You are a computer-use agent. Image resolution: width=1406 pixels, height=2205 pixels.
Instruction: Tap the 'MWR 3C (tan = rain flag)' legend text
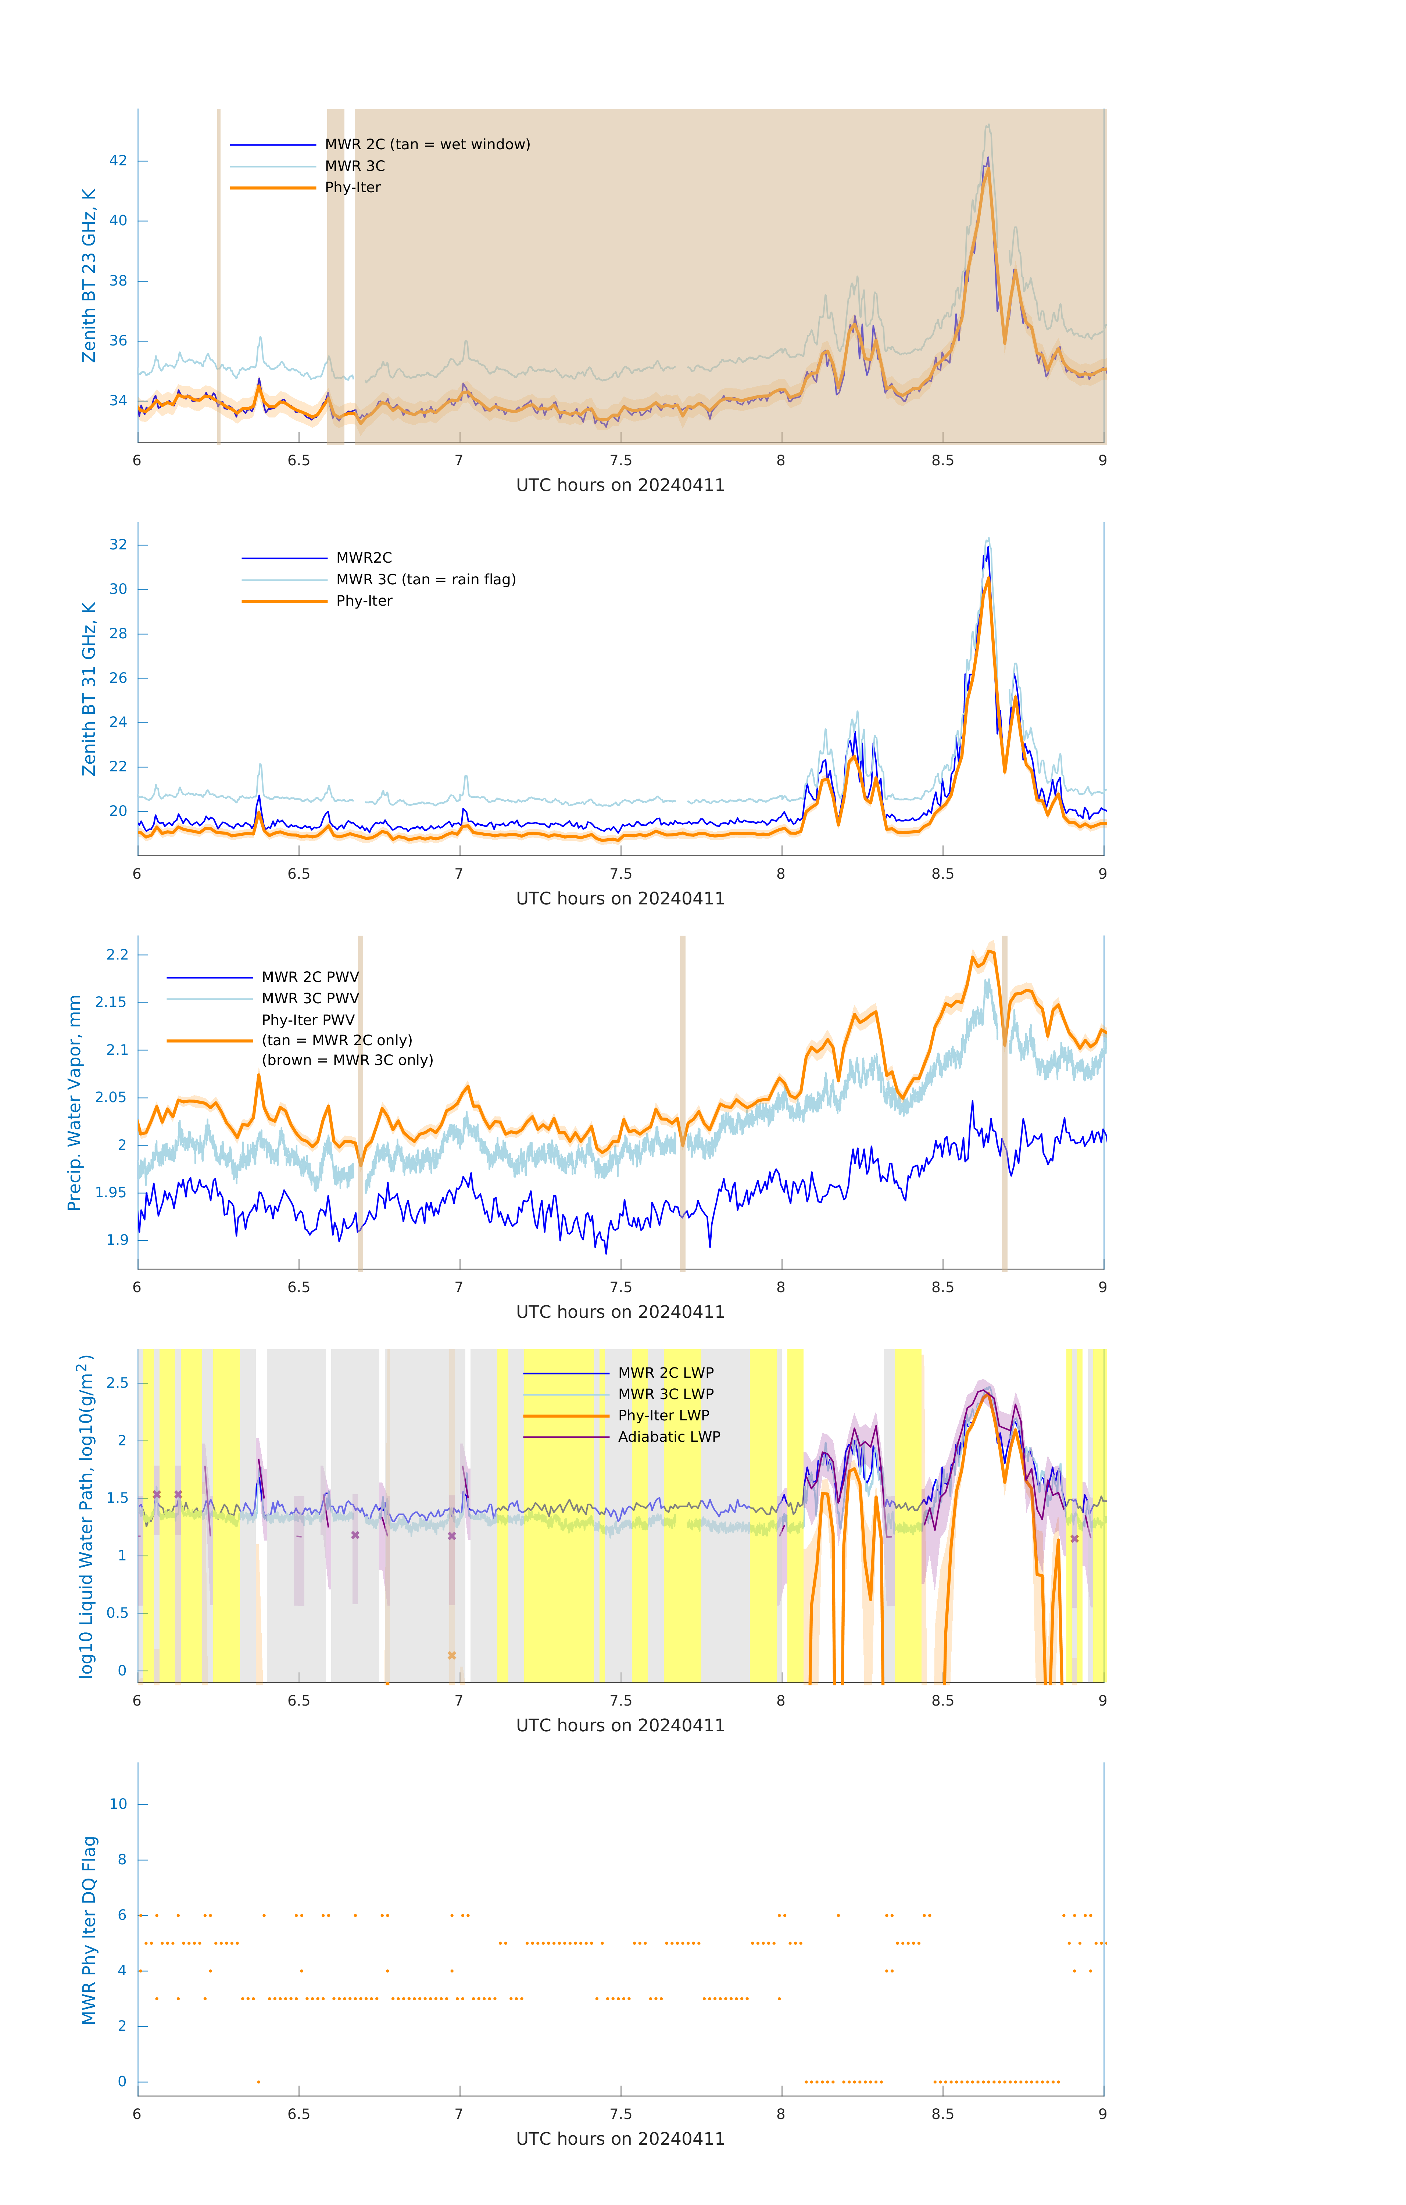tap(426, 580)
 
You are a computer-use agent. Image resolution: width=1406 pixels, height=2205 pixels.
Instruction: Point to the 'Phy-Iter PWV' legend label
tap(308, 1020)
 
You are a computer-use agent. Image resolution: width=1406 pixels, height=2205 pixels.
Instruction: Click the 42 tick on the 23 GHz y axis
tap(118, 161)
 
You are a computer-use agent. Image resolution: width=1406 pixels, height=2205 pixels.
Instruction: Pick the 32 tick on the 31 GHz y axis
tap(118, 545)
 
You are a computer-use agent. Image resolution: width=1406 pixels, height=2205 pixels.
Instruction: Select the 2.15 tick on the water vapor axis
tap(111, 1003)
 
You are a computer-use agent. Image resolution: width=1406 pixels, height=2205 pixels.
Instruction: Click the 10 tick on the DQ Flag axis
tap(118, 1804)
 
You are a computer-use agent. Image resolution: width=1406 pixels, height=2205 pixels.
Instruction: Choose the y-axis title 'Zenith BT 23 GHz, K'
tap(89, 276)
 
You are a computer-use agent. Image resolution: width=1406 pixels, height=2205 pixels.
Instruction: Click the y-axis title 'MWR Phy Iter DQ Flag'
tap(89, 1930)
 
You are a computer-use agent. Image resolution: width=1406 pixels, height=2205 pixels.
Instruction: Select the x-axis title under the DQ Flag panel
tap(620, 2139)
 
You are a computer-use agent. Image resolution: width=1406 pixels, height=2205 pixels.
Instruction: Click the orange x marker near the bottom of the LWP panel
tap(451, 1656)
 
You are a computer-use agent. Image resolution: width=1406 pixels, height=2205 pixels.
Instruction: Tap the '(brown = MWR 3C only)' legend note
tap(347, 1060)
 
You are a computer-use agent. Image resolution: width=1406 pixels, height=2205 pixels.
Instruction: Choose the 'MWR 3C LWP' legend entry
tap(666, 1394)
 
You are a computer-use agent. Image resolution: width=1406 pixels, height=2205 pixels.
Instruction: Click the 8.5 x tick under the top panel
tap(942, 460)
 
